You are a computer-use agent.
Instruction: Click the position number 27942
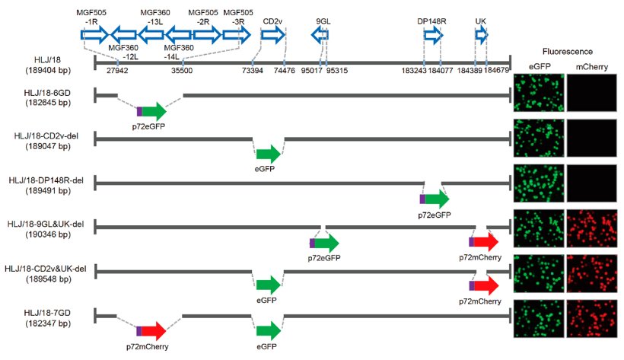[117, 70]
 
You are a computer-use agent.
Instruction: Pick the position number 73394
[253, 70]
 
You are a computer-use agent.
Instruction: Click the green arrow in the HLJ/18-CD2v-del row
[268, 155]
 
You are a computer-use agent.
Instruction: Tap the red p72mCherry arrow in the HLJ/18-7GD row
[151, 331]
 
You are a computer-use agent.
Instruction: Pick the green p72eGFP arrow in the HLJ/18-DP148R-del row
[435, 199]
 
